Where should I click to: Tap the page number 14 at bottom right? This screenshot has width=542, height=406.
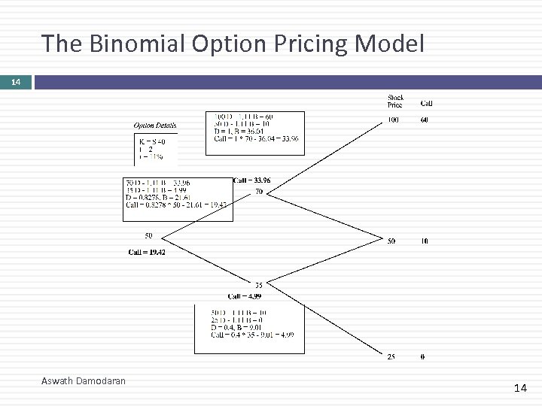520,388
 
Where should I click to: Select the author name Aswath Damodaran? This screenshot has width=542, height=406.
84,381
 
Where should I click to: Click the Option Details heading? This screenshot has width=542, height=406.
155,126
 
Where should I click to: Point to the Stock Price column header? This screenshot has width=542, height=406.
395,101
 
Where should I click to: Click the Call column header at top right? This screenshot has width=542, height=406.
426,104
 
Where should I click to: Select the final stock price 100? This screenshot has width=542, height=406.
394,120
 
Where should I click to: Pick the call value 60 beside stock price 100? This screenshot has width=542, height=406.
425,120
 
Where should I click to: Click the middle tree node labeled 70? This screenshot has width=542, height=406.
259,192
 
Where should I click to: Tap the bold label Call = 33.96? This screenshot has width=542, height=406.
252,180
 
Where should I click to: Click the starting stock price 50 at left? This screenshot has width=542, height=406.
149,236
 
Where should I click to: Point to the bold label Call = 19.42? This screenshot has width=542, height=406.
147,252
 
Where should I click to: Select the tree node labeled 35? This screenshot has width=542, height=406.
258,285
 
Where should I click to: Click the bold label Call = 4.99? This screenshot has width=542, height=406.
244,296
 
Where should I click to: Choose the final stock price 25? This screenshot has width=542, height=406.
391,356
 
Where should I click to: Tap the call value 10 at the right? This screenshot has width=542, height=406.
425,241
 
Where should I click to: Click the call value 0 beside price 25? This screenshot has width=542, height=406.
422,356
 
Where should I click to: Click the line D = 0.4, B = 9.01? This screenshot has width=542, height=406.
237,327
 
